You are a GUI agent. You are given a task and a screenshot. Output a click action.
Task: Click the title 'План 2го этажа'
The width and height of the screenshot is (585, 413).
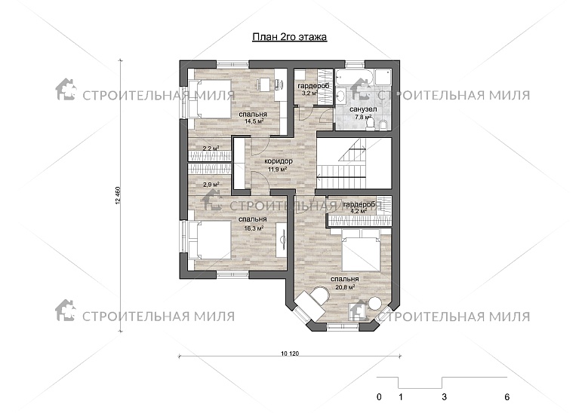[x=290, y=37]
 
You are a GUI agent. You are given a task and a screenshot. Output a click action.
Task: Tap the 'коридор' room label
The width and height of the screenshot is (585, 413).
[x=279, y=161]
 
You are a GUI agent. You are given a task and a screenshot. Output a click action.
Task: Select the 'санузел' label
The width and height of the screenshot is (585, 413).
[x=363, y=109]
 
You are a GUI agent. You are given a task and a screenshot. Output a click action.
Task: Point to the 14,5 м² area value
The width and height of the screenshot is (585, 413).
[x=254, y=121]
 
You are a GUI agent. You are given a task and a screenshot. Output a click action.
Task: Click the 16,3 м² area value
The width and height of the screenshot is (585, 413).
[x=254, y=228]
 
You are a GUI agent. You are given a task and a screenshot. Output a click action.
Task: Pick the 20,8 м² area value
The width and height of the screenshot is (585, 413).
[x=344, y=287]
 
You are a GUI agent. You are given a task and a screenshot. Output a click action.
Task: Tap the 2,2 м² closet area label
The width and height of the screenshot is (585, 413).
[x=211, y=148]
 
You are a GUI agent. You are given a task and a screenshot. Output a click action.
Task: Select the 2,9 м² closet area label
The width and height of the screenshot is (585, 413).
[x=211, y=184]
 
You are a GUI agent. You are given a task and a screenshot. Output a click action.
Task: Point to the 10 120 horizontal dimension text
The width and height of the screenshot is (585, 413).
[x=290, y=353]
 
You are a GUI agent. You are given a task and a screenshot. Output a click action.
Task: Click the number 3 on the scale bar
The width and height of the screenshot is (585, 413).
[x=444, y=397]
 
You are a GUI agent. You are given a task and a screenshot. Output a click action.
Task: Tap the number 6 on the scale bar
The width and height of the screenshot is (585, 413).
[x=506, y=397]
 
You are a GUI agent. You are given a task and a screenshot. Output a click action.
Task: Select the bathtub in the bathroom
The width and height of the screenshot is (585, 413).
[x=353, y=78]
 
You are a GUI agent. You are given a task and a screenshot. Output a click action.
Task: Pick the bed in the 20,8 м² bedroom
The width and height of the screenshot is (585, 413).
[x=361, y=250]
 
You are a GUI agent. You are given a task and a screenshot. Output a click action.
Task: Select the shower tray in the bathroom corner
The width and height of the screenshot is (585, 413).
[x=382, y=78]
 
